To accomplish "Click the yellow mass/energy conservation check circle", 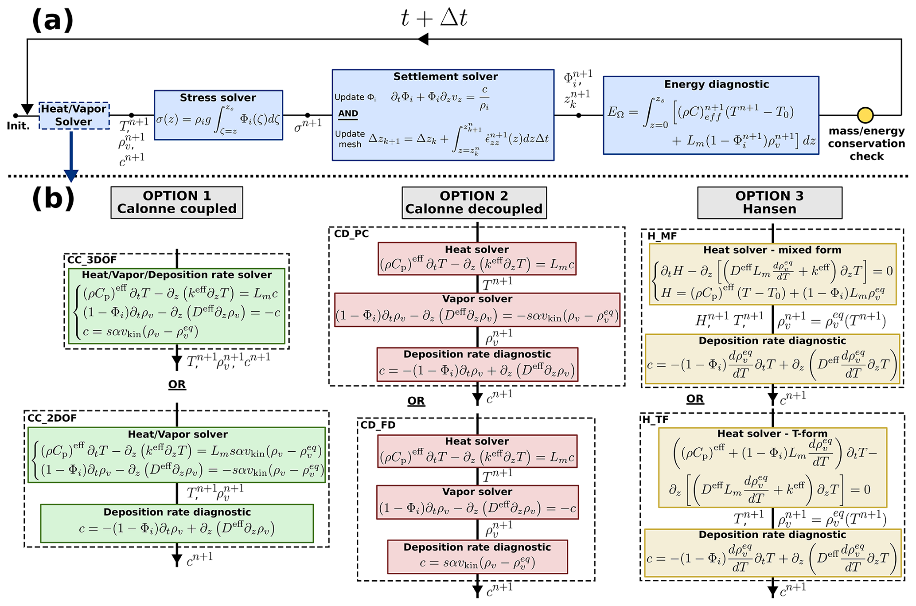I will click(x=865, y=115).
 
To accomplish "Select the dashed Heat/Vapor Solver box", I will click(x=74, y=116).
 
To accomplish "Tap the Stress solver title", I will click(x=218, y=98).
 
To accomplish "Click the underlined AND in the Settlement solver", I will click(x=348, y=113).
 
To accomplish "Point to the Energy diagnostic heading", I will click(x=716, y=84).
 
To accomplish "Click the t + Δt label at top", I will click(x=433, y=19).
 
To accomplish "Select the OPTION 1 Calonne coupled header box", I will click(x=177, y=203).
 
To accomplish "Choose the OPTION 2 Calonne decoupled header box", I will click(x=474, y=203).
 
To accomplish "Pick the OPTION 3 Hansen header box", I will click(x=769, y=203).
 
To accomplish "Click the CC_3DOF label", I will click(x=92, y=260).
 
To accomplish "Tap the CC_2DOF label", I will click(x=52, y=418).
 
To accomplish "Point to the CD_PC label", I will click(x=351, y=234).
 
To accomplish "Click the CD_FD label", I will click(x=378, y=425).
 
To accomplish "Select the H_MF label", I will click(x=662, y=236).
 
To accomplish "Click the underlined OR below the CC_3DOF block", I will click(x=177, y=384).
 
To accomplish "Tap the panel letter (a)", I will click(x=52, y=20).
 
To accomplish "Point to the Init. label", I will click(x=18, y=126).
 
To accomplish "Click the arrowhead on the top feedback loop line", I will click(x=423, y=39).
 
